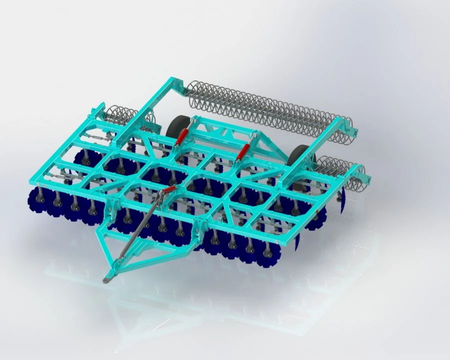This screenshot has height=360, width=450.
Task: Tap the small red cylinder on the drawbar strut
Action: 169,190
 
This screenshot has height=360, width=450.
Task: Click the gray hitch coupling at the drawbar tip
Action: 108,278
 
